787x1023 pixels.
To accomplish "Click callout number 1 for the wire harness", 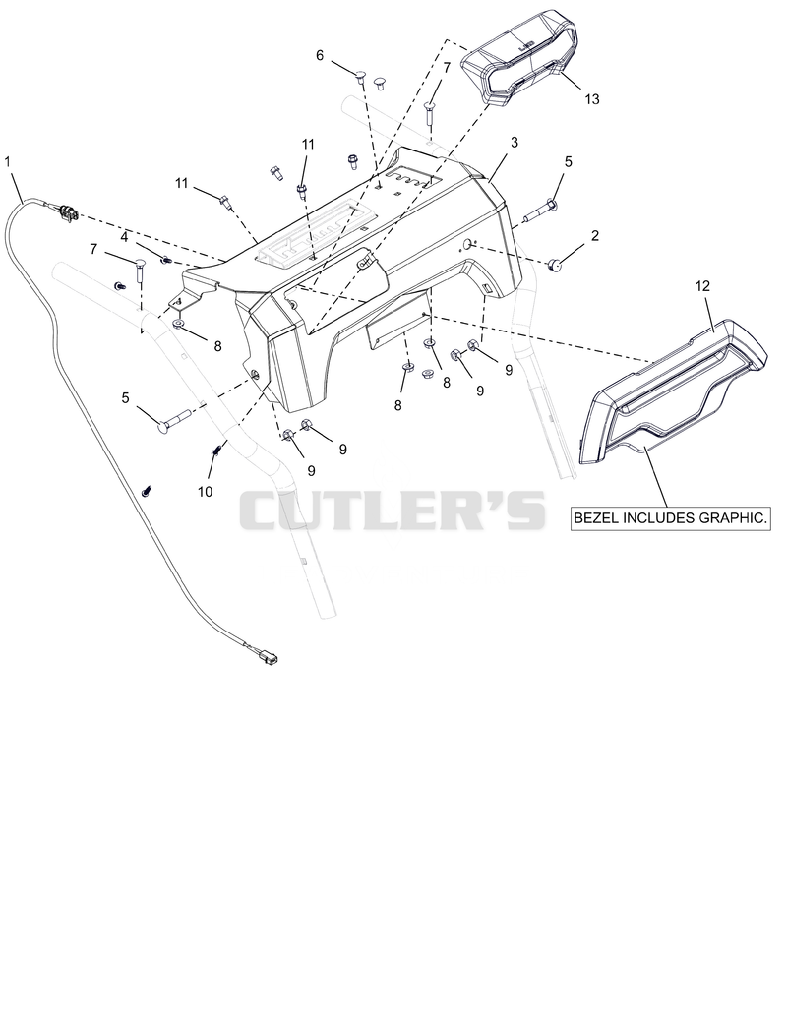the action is pos(8,161).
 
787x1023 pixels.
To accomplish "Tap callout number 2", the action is pos(594,235).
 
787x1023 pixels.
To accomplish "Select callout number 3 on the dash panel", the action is pos(515,142).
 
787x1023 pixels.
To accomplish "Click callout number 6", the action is pos(320,55).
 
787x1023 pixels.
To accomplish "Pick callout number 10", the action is pos(205,491).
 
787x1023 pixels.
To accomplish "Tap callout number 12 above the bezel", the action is pos(702,286).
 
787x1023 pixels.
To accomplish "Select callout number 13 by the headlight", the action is pos(592,99).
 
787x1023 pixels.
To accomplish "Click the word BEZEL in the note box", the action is pos(596,518).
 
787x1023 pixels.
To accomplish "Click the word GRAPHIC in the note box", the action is pos(735,518).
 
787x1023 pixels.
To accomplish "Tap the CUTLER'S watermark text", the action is pos(392,510).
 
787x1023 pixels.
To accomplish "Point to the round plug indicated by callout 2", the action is pos(556,265).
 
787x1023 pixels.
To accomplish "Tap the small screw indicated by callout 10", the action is pos(217,449).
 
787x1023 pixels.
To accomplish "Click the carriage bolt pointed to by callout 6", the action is pos(361,81).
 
